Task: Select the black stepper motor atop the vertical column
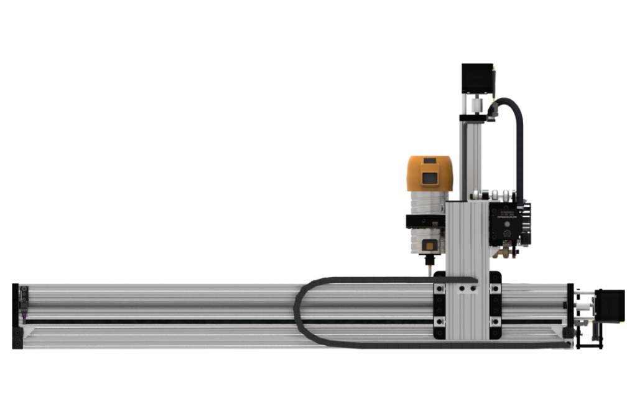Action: [x=477, y=78]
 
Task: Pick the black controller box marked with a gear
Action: [x=509, y=222]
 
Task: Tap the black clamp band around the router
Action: [x=424, y=222]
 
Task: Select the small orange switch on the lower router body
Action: [x=429, y=245]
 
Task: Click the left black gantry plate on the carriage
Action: [x=439, y=305]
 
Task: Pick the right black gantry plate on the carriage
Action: [x=495, y=305]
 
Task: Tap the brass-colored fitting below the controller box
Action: [x=504, y=252]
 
